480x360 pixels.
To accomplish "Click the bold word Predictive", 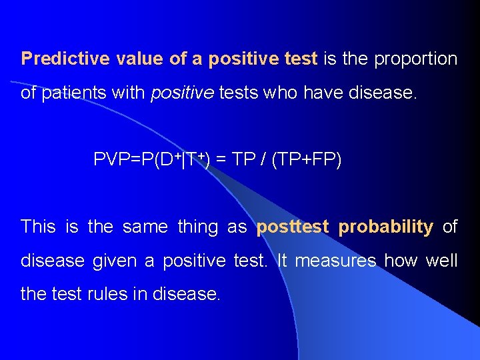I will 65,59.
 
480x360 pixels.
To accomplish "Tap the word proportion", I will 416,59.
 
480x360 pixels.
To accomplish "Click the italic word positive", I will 181,93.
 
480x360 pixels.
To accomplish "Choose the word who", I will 281,93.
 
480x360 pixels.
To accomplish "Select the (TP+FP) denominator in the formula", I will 307,160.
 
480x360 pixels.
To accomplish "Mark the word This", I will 38,227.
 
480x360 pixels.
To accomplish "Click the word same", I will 145,227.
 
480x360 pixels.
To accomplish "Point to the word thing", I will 198,227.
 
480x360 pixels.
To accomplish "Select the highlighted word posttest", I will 293,227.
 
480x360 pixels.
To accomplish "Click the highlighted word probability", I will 386,227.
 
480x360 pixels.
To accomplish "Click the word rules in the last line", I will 107,293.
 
